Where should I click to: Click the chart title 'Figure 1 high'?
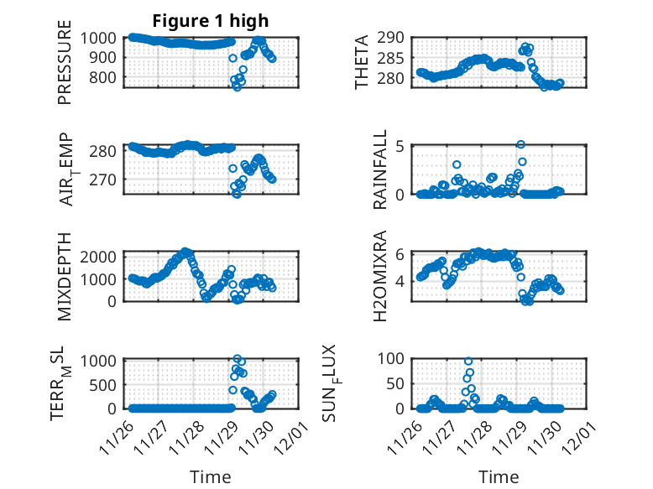(x=210, y=21)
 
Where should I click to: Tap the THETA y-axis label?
(x=362, y=61)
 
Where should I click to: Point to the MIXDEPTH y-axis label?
(x=65, y=275)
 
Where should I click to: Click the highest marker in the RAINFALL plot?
(x=520, y=145)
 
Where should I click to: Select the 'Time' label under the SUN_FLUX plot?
(x=499, y=477)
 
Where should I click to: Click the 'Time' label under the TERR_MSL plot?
(x=210, y=477)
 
